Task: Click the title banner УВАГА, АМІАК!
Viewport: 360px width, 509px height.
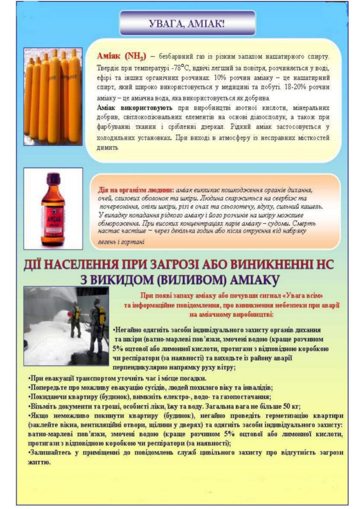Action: [187, 23]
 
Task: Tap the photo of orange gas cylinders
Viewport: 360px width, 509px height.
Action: [53, 96]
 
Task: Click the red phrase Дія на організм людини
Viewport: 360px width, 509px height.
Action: [136, 191]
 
